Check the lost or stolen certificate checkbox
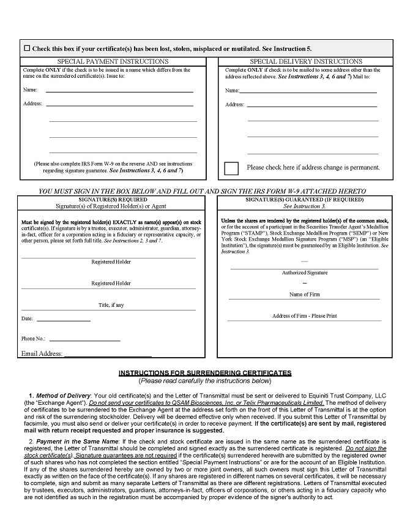coord(27,48)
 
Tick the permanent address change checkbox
coord(231,167)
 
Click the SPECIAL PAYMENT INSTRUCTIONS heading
coord(113,61)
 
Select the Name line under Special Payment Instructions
coord(119,91)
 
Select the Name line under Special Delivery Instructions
coord(308,91)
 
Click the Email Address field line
coord(108,355)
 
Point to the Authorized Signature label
coord(304,273)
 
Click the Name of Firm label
coord(304,295)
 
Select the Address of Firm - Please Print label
coord(304,316)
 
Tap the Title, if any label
coord(111,305)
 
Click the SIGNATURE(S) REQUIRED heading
coord(111,200)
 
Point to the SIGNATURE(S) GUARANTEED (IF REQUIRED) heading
coord(304,200)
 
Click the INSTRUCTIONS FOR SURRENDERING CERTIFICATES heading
coord(204,373)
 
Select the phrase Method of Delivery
coord(63,396)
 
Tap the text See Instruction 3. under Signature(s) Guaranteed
coord(304,206)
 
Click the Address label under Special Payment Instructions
coord(32,104)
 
